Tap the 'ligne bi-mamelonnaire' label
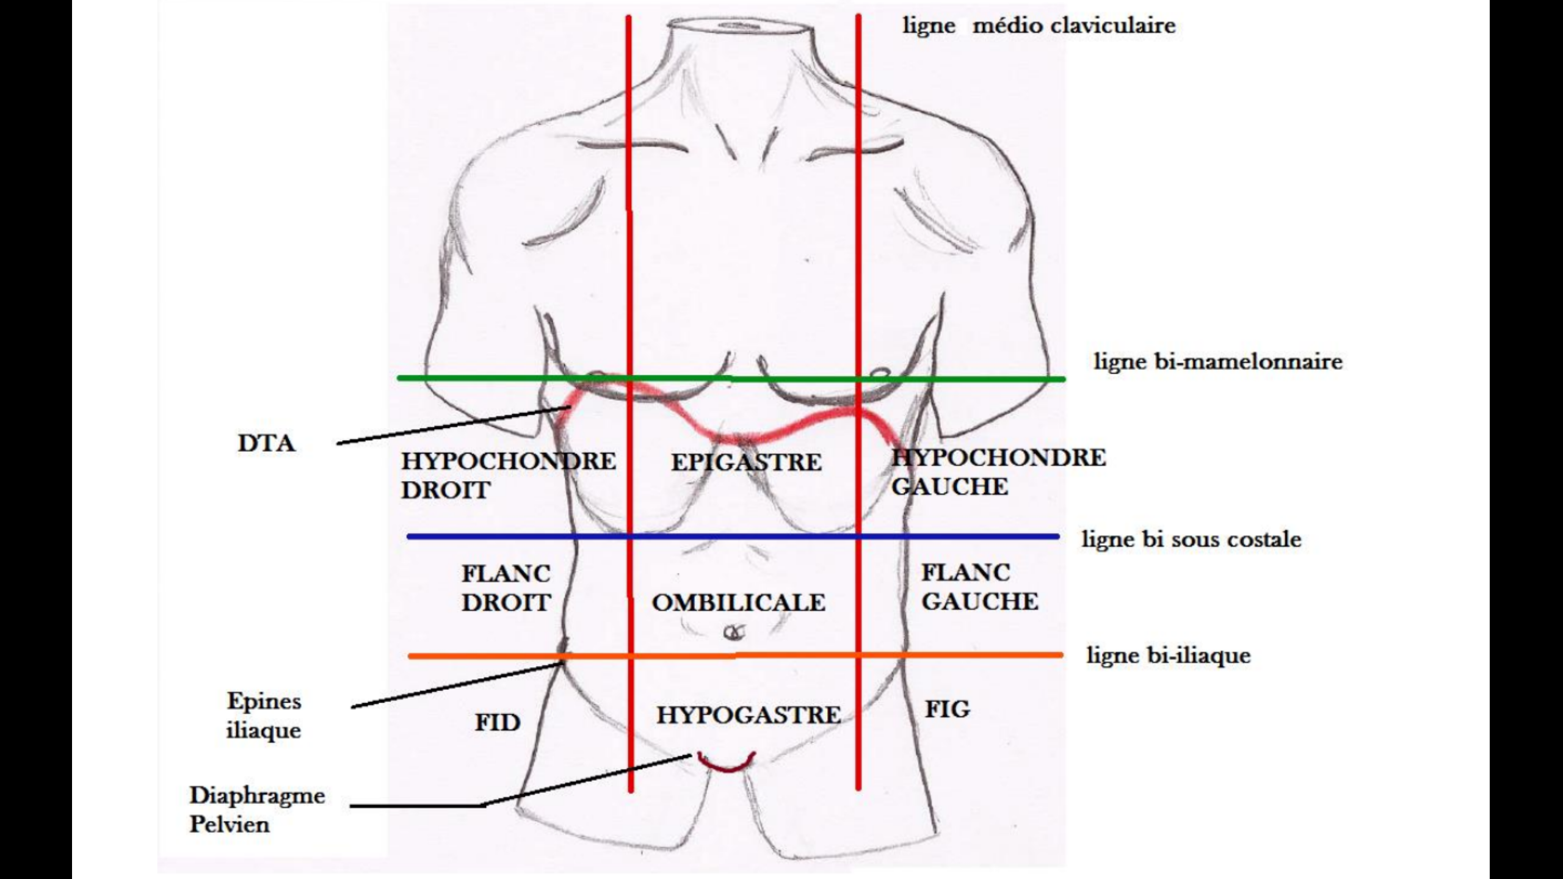tap(1217, 361)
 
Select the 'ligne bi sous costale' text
tap(1191, 540)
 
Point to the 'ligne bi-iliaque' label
tap(1169, 656)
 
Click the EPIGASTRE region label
tap(746, 462)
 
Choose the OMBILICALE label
tap(739, 603)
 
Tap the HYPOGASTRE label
tap(749, 715)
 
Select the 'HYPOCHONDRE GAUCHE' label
tap(998, 472)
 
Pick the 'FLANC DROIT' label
tap(506, 588)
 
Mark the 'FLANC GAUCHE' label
tap(979, 587)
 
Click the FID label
tap(498, 723)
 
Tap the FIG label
tap(947, 709)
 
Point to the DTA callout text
tap(266, 444)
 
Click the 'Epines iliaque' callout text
tap(264, 715)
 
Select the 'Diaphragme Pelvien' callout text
tap(257, 809)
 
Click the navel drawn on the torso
tap(734, 633)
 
